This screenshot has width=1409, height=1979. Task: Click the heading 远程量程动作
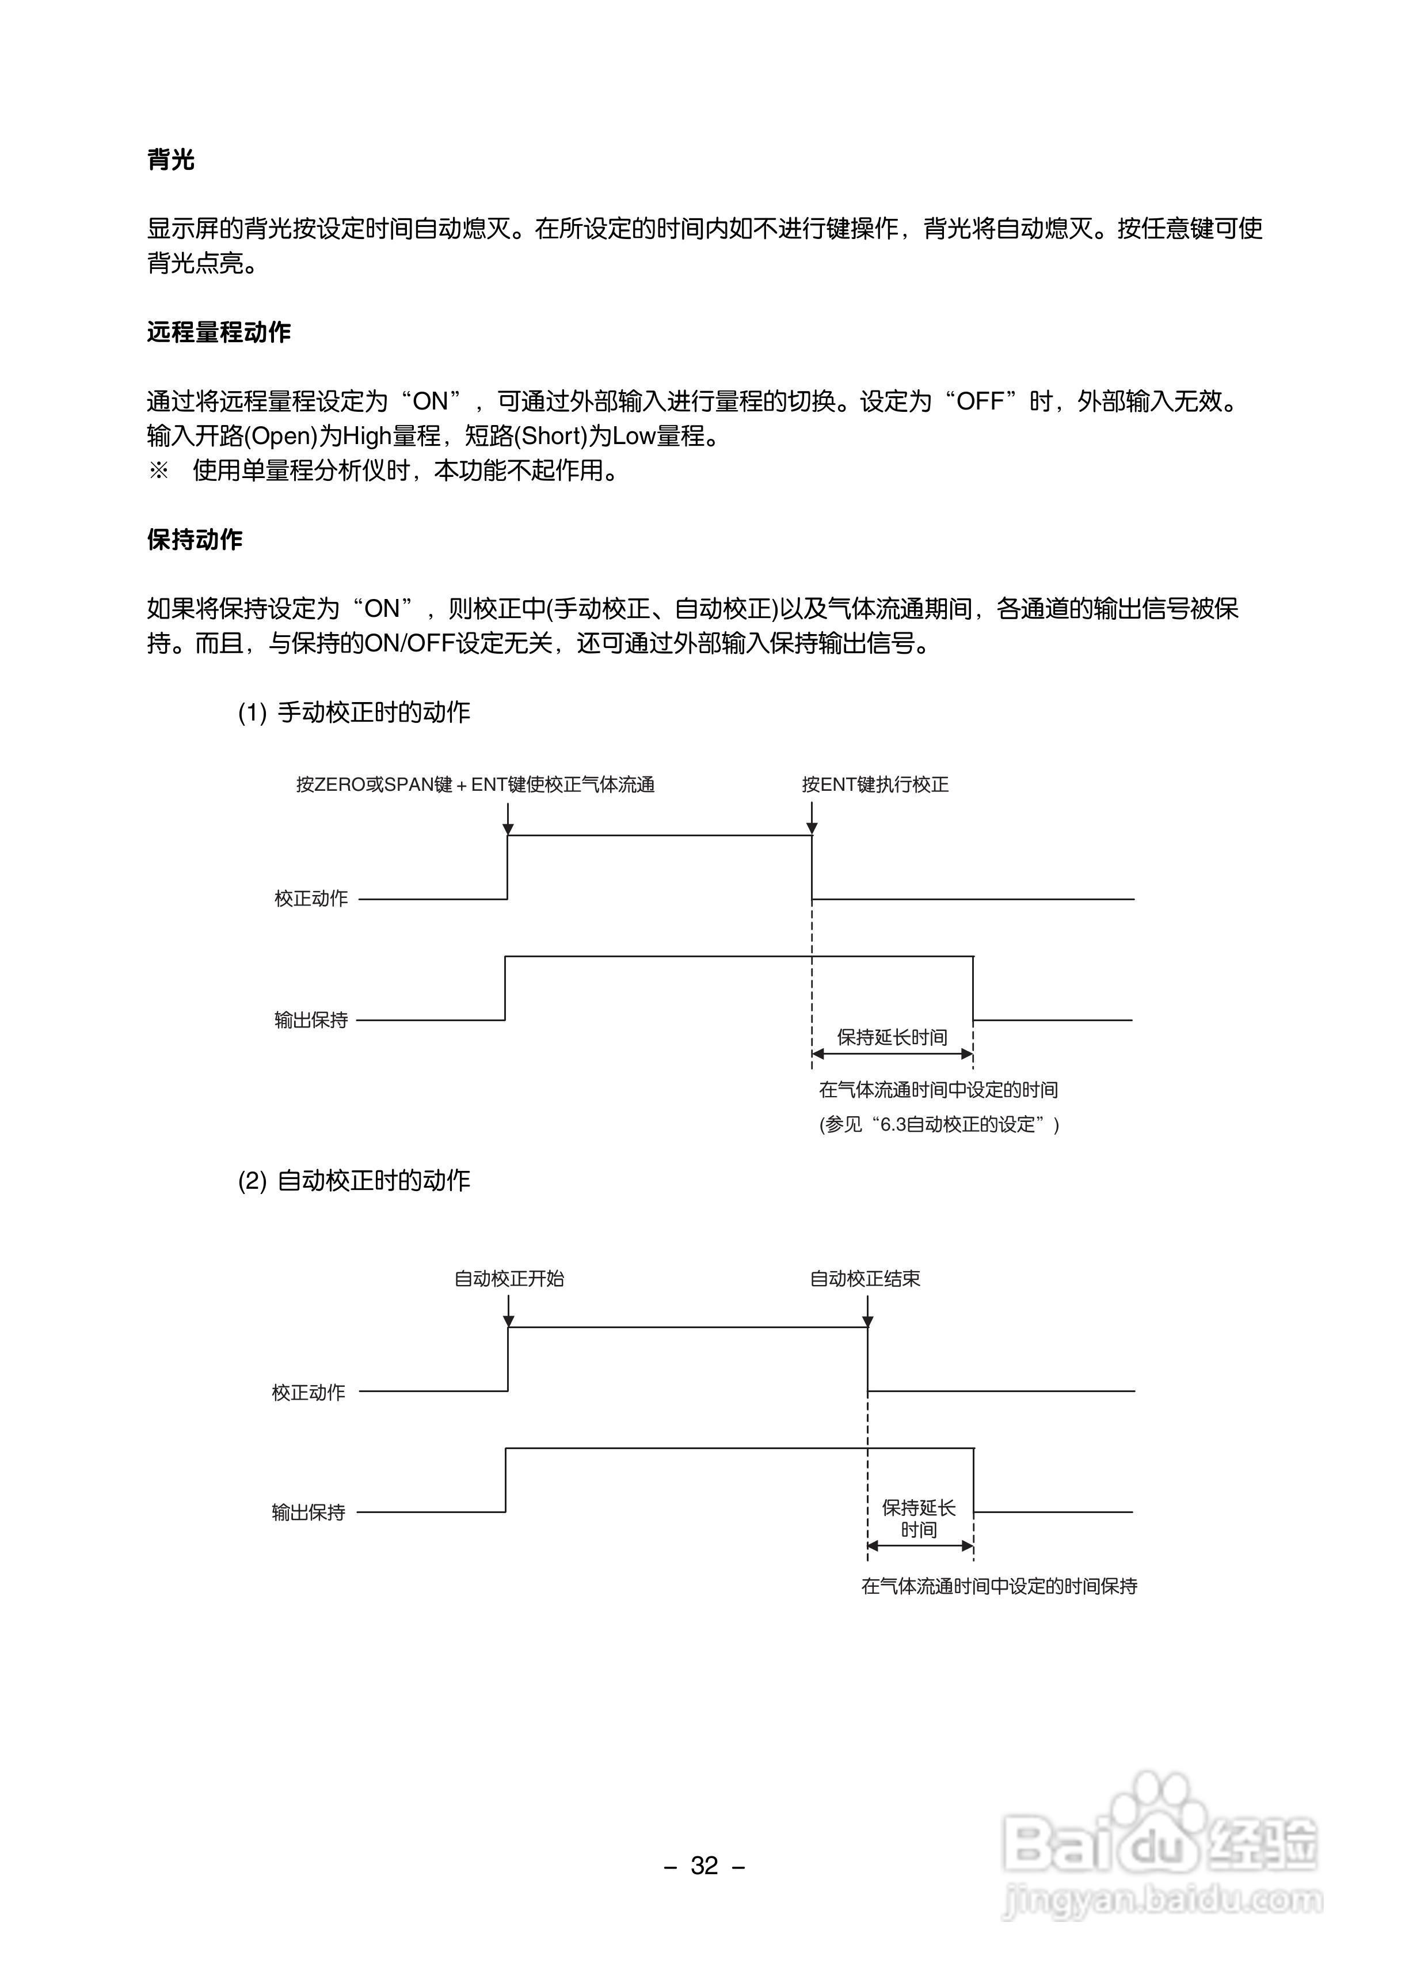click(219, 332)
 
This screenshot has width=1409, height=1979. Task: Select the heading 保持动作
click(195, 540)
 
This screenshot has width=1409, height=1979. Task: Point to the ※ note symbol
click(159, 471)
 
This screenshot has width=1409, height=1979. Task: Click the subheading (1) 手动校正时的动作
click(354, 712)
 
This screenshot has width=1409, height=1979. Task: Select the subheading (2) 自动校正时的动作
click(354, 1181)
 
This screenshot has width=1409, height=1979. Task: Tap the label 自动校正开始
click(509, 1279)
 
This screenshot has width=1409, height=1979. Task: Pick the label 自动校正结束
click(865, 1279)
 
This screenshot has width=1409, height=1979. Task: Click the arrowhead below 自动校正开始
click(509, 1321)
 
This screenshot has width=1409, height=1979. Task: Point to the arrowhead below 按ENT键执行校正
click(812, 828)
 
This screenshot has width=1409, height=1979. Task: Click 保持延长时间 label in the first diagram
click(892, 1037)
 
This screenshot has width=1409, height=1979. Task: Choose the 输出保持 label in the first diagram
click(311, 1021)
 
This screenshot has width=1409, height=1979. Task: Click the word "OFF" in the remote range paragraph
click(980, 402)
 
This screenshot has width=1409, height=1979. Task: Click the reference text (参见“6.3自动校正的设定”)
click(939, 1125)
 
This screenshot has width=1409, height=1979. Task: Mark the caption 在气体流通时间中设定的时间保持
click(999, 1587)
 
